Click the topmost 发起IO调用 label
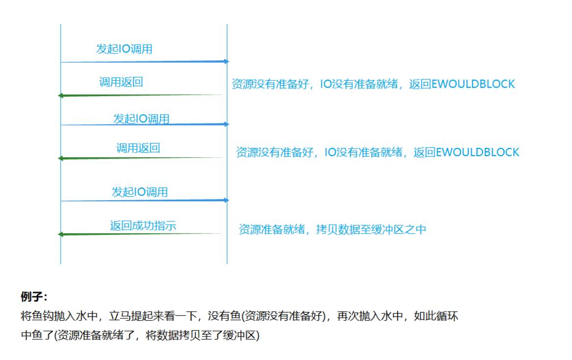(124, 49)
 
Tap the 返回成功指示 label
(143, 226)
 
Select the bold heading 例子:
(34, 297)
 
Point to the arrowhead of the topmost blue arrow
(227, 61)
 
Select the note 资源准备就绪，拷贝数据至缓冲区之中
(332, 229)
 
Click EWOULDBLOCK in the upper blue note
(473, 84)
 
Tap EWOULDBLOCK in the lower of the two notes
(477, 152)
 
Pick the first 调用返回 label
(121, 82)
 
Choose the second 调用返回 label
(138, 148)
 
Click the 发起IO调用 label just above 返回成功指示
(140, 192)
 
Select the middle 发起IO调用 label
(141, 119)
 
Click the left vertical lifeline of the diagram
(61, 147)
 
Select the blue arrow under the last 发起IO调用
(144, 200)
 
